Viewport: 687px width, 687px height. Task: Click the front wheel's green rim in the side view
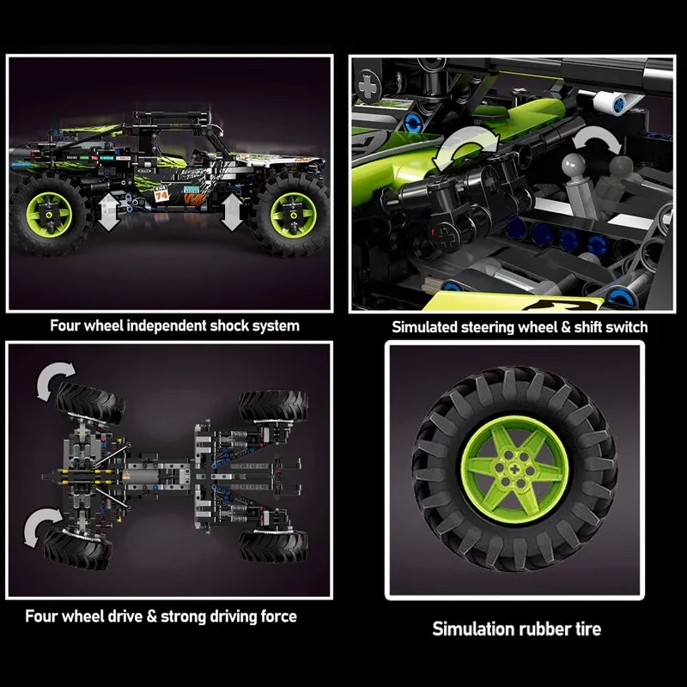[289, 216]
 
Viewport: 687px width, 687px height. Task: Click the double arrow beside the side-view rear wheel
[108, 213]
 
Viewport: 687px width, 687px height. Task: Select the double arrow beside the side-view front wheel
[233, 213]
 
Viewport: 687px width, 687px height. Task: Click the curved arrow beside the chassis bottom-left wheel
[43, 525]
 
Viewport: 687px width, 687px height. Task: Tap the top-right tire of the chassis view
[273, 406]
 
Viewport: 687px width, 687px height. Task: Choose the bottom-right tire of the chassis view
[273, 544]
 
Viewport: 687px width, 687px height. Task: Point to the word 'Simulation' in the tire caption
[472, 629]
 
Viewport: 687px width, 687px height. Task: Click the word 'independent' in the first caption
[157, 325]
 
